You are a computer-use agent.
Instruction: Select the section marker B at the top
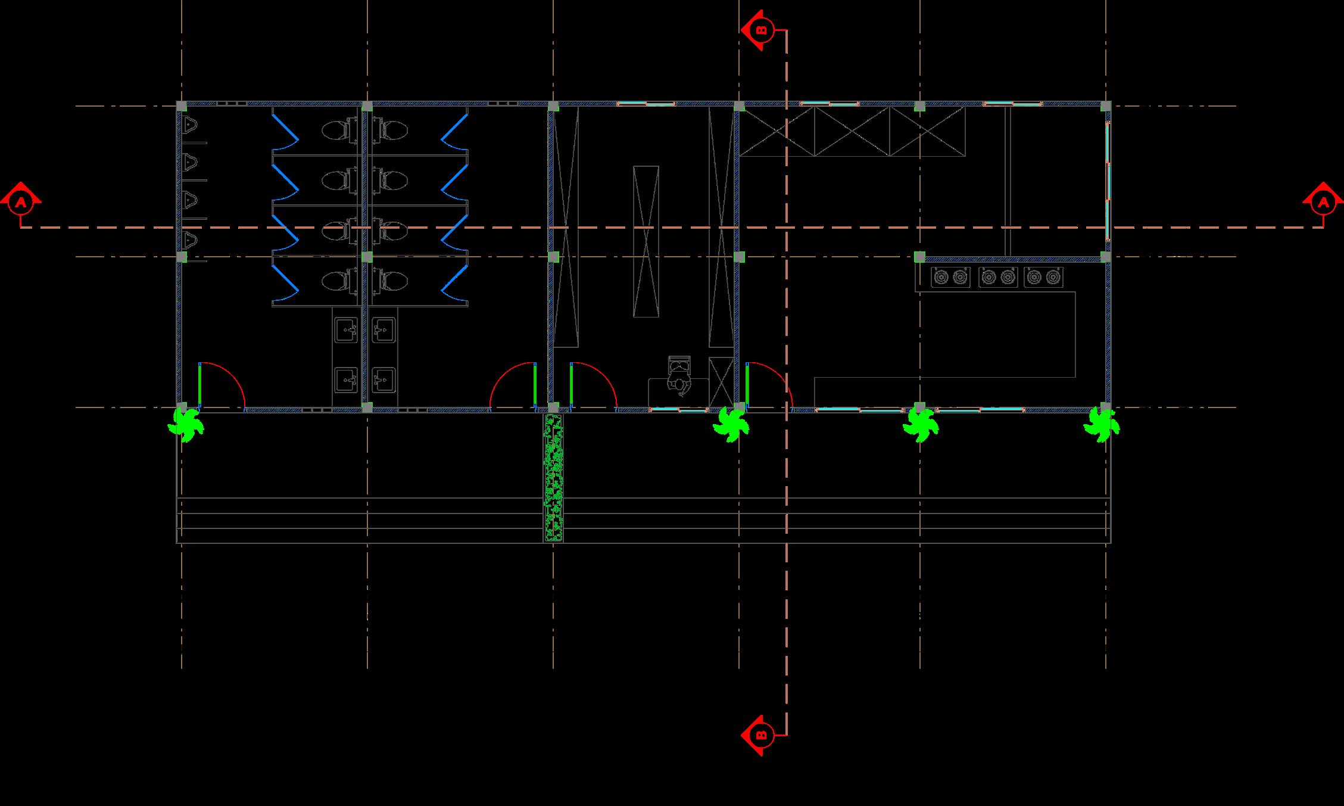point(761,29)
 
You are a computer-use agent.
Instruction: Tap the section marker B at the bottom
point(761,736)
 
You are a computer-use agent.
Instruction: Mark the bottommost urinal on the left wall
point(190,239)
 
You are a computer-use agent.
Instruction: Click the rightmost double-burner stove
point(1044,277)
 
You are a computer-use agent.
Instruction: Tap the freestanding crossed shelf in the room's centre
point(646,241)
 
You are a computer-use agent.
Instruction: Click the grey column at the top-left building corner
point(182,106)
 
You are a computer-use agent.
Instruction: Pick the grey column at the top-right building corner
point(1106,106)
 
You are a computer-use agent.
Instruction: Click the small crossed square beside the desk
point(721,382)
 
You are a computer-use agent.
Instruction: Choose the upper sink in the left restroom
point(346,329)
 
